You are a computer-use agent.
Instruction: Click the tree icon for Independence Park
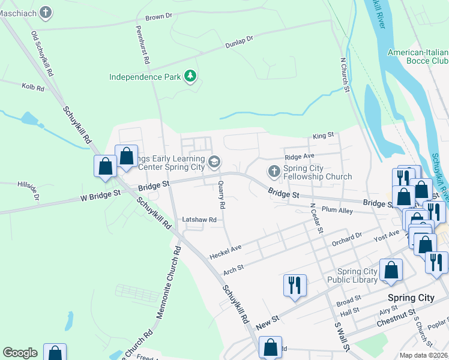click(x=190, y=76)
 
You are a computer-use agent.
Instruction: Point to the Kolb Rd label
click(x=33, y=88)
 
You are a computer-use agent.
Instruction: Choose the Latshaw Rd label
click(x=199, y=220)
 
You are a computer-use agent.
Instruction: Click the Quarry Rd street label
click(x=221, y=195)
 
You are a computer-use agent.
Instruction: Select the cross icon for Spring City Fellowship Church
click(x=274, y=172)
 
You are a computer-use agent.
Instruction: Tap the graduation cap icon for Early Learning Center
click(x=214, y=162)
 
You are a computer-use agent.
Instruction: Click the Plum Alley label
click(x=337, y=210)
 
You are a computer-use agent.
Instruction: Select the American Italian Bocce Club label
click(x=418, y=57)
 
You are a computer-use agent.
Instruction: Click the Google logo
click(x=20, y=353)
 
